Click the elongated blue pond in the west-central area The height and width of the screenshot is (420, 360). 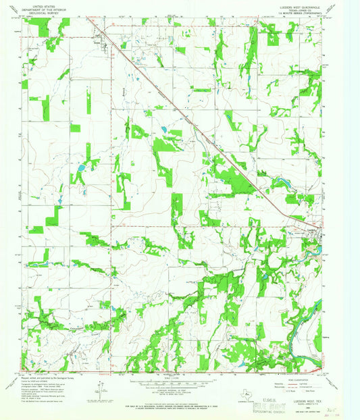pos(81,167)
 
